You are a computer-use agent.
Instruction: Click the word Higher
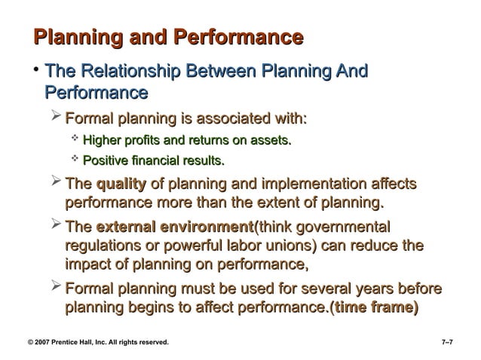tap(102, 139)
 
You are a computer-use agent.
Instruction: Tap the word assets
tap(270, 139)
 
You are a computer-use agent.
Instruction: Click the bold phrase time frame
tap(378, 309)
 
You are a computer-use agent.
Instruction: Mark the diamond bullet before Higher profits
tap(74, 139)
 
